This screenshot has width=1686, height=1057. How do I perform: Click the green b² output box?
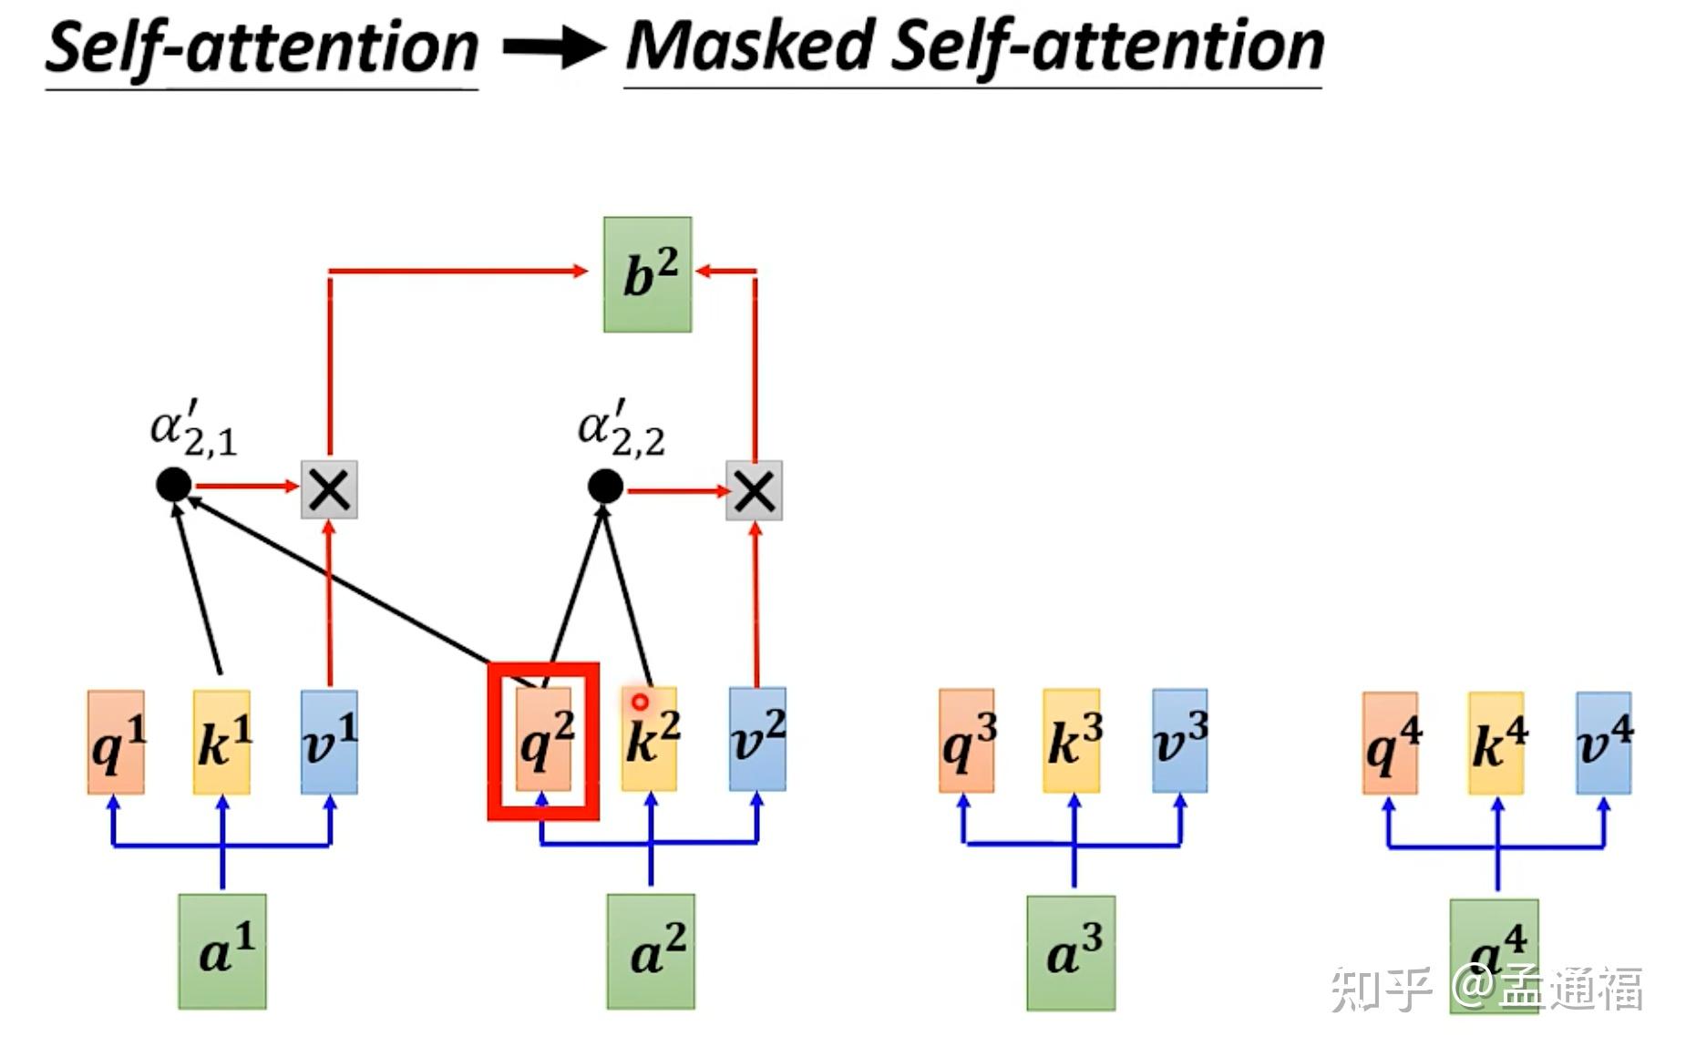(647, 274)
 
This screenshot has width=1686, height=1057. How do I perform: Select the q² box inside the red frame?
(543, 740)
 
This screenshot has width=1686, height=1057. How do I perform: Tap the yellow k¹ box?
(221, 742)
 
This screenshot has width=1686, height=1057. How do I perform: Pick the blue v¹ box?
(329, 742)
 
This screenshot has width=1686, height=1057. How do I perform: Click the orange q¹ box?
(116, 742)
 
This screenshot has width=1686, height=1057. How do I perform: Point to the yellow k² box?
(649, 739)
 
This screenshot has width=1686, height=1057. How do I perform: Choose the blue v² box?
(757, 739)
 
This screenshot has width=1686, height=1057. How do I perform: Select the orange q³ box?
(967, 741)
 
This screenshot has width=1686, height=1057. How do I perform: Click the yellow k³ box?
(1073, 741)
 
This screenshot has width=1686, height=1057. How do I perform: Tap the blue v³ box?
(1180, 741)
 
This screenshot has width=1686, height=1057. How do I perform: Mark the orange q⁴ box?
(1390, 744)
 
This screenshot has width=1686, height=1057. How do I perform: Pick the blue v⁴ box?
(1604, 744)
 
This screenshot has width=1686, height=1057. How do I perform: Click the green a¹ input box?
(222, 951)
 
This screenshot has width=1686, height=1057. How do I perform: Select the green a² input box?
(651, 951)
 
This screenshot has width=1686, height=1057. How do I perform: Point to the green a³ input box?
(1071, 953)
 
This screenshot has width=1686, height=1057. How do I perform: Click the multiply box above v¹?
(329, 490)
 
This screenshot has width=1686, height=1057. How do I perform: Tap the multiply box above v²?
(754, 491)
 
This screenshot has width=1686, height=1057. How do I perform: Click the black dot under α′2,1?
(174, 485)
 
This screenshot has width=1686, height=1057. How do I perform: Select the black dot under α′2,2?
(605, 487)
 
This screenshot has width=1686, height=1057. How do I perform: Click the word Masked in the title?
(750, 46)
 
